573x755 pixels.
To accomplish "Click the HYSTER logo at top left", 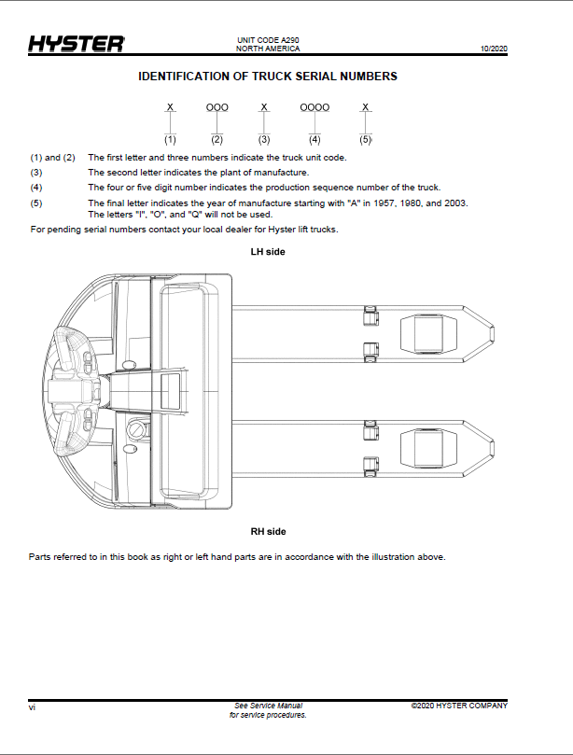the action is click(x=77, y=44).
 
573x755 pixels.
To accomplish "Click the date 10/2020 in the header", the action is click(x=494, y=49).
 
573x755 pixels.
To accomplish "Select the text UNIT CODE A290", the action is click(x=268, y=40).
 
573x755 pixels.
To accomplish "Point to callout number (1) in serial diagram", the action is click(x=170, y=140).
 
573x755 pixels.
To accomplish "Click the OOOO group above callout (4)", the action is click(x=314, y=107).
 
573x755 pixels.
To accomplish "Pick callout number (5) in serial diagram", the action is click(x=366, y=140).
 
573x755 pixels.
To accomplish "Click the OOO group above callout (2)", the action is click(x=217, y=107).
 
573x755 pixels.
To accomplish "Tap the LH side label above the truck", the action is click(x=268, y=252).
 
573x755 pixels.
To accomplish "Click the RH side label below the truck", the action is click(x=268, y=532).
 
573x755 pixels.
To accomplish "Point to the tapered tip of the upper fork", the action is click(x=493, y=334).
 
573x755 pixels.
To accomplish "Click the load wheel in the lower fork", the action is click(x=428, y=448).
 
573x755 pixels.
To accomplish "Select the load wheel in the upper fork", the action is click(x=428, y=334).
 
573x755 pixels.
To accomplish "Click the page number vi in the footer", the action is click(x=32, y=707).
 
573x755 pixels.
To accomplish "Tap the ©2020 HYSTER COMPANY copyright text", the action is click(x=459, y=706).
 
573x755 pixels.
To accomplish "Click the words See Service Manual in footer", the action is click(x=268, y=706).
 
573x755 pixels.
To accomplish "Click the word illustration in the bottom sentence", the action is click(x=393, y=557).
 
